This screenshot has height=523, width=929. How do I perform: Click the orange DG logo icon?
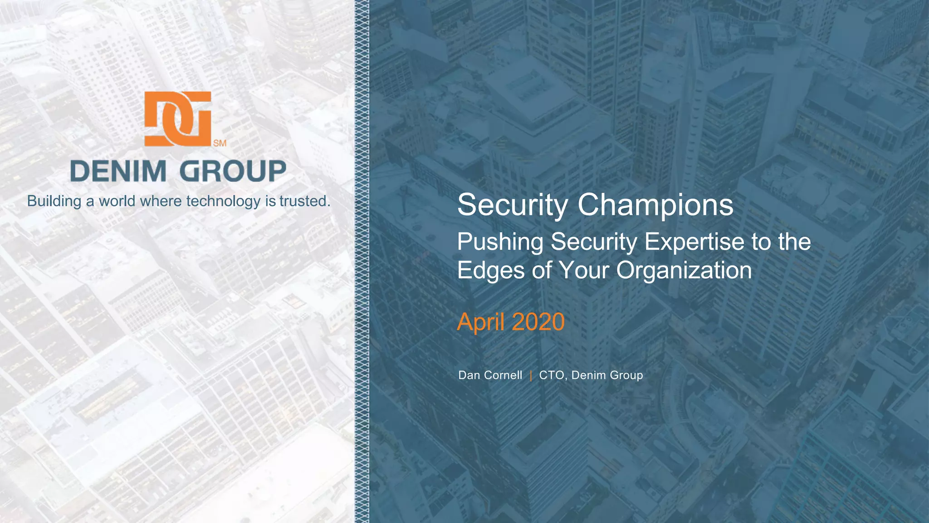[x=178, y=118]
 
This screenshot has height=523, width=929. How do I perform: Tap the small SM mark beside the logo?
[x=220, y=143]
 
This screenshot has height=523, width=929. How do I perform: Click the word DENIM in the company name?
[x=118, y=172]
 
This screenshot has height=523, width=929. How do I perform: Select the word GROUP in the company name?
[x=232, y=172]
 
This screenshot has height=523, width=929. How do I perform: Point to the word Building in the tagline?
[x=54, y=201]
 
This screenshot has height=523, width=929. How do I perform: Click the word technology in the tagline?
[x=223, y=201]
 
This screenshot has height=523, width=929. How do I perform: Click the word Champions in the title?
[x=655, y=205]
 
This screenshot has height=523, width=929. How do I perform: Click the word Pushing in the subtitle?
[x=500, y=242]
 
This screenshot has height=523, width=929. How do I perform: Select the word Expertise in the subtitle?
[x=694, y=242]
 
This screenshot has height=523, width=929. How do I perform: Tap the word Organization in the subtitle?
[x=684, y=271]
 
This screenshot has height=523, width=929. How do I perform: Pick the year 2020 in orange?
[x=538, y=322]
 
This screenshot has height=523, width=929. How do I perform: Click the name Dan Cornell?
[x=490, y=375]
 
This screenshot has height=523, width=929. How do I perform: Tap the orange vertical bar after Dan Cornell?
[x=531, y=375]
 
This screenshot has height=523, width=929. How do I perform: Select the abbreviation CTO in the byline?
[x=551, y=375]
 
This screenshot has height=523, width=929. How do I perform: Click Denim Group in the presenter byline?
[x=607, y=375]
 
